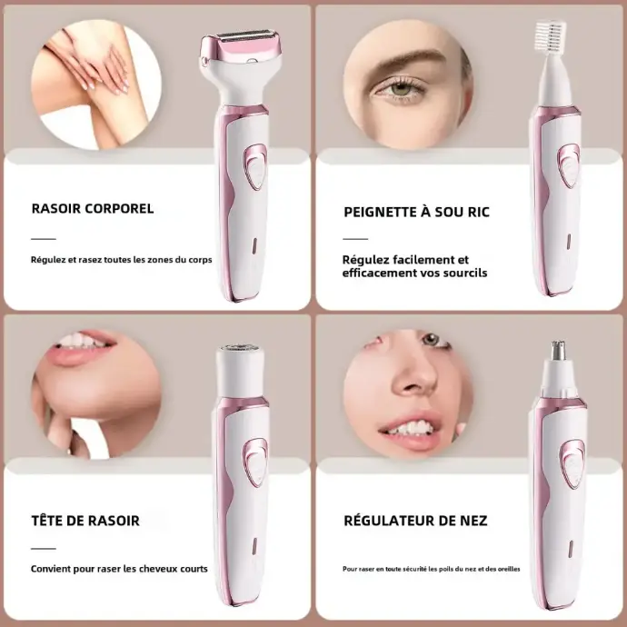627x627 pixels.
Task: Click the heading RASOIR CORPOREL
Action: (93, 209)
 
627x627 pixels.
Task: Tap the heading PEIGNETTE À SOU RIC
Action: (416, 212)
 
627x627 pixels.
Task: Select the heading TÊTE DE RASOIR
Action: (85, 521)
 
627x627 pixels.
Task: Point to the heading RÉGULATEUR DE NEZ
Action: (415, 521)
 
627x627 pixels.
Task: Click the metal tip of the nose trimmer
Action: (557, 351)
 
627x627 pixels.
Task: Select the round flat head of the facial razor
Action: (240, 349)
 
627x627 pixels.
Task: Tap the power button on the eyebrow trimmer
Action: (569, 165)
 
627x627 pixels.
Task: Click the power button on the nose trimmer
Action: (573, 463)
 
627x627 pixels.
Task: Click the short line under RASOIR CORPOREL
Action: (44, 239)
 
